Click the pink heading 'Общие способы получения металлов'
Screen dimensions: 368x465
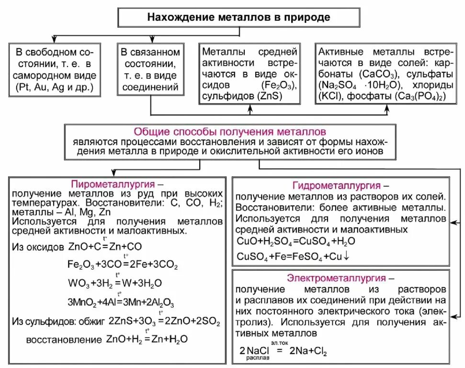230,131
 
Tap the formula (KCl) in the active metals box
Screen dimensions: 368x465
327,96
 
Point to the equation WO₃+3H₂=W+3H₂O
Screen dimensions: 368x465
121,283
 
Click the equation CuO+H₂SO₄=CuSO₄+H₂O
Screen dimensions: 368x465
295,241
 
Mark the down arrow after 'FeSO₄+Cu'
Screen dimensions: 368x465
347,256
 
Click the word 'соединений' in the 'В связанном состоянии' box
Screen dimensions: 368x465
150,87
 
